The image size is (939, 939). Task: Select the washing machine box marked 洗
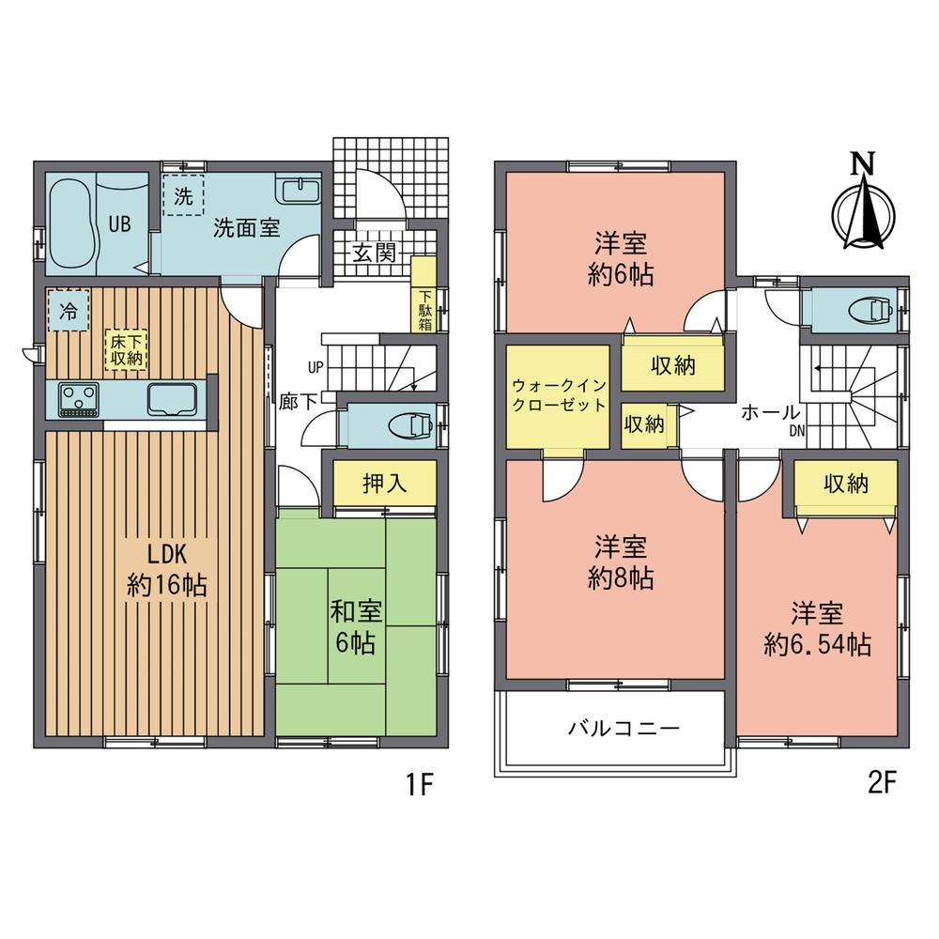click(183, 197)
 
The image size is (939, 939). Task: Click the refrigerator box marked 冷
click(69, 311)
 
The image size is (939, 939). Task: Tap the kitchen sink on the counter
click(171, 399)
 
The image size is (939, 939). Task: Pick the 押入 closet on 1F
click(384, 483)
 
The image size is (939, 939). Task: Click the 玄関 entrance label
click(373, 252)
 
